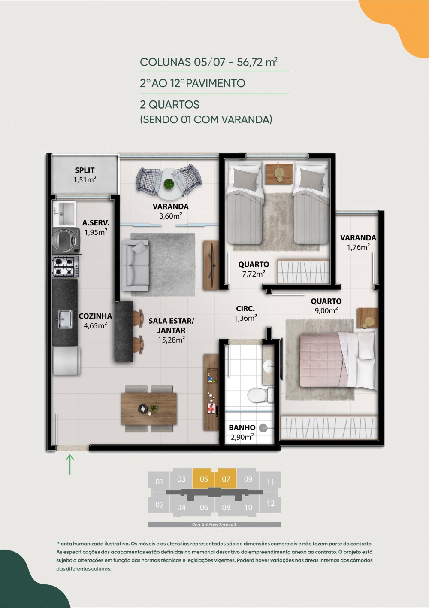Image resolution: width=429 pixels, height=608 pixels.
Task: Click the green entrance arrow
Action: point(70,465)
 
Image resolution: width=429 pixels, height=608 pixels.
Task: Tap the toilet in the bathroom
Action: point(260,395)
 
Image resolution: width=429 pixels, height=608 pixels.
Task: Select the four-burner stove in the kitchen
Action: point(65,266)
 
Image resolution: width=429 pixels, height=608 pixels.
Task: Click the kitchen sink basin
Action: point(64,319)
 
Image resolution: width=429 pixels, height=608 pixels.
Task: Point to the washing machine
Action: point(66,240)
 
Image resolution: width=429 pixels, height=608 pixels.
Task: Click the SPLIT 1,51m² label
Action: point(85,175)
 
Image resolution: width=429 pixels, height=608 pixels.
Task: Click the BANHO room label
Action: point(242,428)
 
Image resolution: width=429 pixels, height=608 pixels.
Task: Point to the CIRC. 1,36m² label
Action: point(246,313)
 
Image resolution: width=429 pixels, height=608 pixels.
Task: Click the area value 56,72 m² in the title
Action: point(257,62)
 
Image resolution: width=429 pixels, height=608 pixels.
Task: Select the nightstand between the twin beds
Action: point(279,173)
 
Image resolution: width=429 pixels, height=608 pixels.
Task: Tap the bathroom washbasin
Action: point(269,366)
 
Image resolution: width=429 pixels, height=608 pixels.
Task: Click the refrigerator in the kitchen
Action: point(66,361)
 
